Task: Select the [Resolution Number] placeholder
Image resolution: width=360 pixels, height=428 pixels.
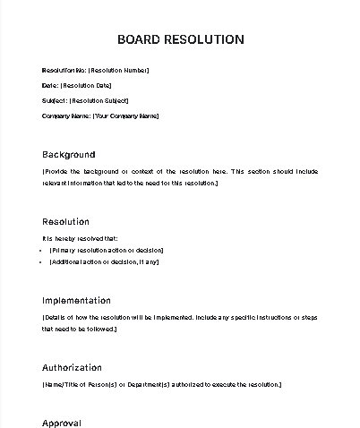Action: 119,70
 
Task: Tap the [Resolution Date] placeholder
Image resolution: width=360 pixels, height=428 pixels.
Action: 86,85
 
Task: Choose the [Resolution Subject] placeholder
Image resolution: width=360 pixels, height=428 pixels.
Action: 99,100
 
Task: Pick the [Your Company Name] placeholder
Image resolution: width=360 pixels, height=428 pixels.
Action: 125,116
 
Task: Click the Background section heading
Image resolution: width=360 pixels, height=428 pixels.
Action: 68,154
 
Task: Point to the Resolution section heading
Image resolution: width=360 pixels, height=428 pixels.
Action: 65,221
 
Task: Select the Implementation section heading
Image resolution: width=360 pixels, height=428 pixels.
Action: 76,300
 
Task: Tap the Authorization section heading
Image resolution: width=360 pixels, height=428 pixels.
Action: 72,367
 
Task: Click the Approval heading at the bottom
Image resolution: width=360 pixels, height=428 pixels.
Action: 62,423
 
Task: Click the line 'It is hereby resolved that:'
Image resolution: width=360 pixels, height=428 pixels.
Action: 80,238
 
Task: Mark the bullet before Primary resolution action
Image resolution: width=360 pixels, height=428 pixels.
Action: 42,250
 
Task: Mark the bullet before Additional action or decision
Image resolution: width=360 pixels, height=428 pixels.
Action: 42,261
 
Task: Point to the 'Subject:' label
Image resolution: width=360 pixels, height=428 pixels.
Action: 55,100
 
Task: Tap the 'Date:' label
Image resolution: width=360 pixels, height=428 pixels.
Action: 50,85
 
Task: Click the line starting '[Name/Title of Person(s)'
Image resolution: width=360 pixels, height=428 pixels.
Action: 161,384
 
